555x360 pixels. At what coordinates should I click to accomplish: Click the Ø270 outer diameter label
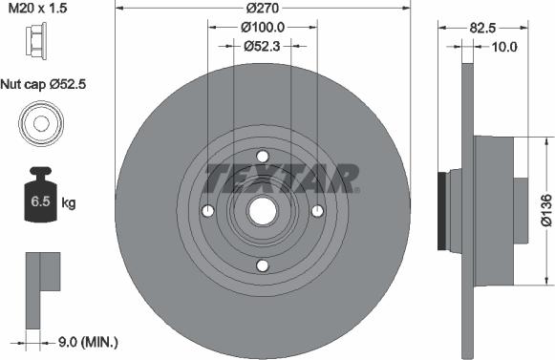[x=263, y=8]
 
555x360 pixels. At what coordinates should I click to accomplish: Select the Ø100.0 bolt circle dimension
[x=263, y=27]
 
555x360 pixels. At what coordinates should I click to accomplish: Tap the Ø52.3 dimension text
[x=262, y=46]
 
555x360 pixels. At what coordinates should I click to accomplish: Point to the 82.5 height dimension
[x=482, y=28]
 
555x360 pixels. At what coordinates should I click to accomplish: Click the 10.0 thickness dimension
[x=504, y=47]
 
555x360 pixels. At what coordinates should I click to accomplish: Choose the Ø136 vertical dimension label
[x=546, y=209]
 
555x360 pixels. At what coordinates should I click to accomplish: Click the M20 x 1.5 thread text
[x=37, y=8]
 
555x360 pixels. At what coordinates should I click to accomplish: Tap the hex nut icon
[x=35, y=41]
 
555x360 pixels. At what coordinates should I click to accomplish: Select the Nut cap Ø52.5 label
[x=43, y=84]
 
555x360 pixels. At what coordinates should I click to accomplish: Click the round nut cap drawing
[x=41, y=123]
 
